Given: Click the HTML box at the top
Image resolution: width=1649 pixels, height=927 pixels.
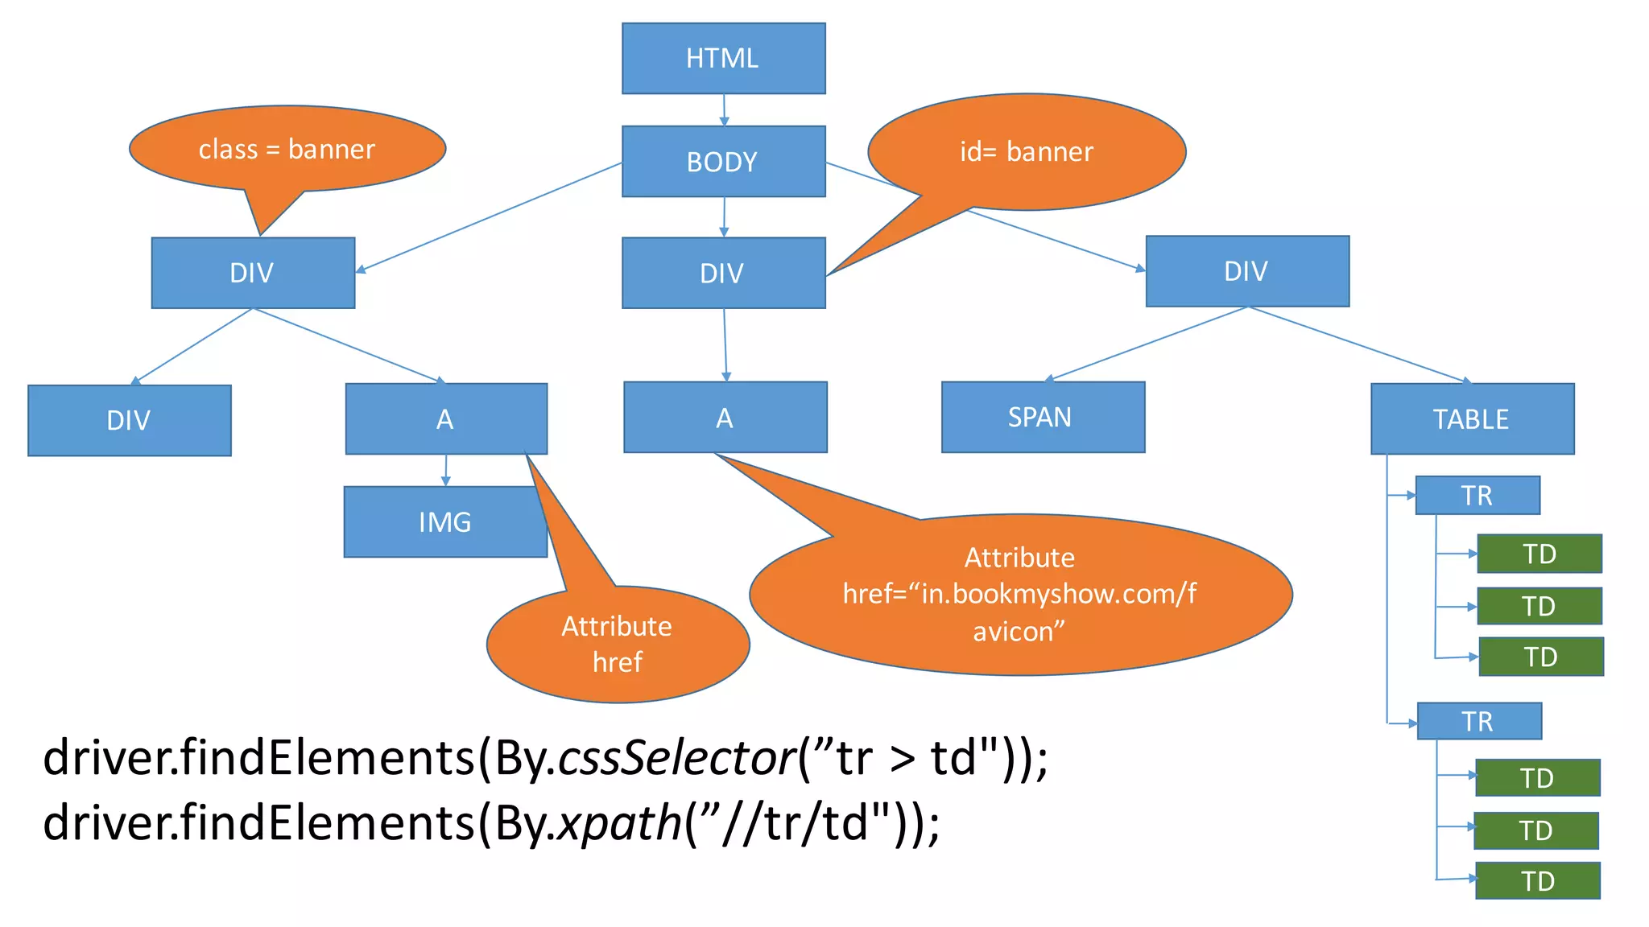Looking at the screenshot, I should [723, 58].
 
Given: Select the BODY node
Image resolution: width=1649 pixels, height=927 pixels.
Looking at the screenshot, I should [723, 161].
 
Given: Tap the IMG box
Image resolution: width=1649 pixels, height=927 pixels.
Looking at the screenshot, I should [444, 521].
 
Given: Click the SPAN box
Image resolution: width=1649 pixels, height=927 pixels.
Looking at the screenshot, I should [1043, 417].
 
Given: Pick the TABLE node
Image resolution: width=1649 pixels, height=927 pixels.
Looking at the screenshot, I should [1472, 418].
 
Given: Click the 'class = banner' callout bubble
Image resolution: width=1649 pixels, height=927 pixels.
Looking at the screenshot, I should [287, 149].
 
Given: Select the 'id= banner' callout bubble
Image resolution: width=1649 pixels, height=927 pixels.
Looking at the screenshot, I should [1027, 151].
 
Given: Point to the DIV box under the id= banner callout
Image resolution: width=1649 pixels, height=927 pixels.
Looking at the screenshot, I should [723, 273].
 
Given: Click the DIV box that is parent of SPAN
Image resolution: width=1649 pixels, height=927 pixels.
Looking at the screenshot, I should [1247, 271].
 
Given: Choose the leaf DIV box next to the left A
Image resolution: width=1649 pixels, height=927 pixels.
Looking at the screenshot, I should [129, 420].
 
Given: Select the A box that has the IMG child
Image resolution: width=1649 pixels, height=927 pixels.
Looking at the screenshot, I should [446, 418].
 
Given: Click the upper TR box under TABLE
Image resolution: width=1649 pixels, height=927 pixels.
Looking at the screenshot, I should [1477, 495].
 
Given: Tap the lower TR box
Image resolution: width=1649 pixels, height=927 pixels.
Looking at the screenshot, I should [1478, 721].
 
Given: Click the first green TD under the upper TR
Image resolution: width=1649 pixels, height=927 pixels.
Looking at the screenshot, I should [1539, 554].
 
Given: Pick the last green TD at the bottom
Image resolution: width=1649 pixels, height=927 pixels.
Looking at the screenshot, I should [1537, 880].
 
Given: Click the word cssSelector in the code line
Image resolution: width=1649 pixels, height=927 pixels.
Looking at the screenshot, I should [676, 758].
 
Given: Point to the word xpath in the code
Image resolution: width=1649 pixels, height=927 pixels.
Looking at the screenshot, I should [620, 824].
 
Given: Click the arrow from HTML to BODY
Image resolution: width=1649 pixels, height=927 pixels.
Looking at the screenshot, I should [724, 109].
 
